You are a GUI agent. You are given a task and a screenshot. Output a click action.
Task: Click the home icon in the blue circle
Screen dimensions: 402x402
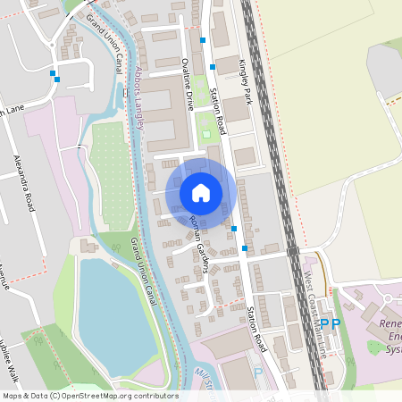click(x=201, y=192)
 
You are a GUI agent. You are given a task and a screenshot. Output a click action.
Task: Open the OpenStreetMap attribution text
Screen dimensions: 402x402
click(x=90, y=395)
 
